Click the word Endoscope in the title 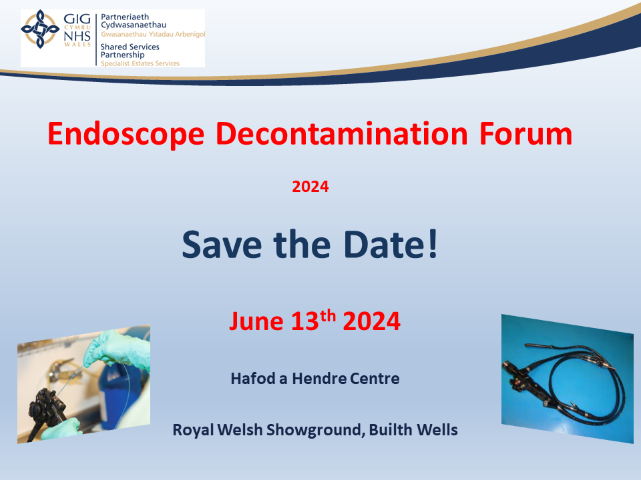tap(126, 134)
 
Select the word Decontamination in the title tap(341, 133)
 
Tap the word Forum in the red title tap(525, 134)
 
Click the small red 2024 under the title tap(310, 187)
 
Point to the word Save tap(222, 245)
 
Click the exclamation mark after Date tap(433, 244)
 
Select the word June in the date tap(256, 321)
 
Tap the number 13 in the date tap(304, 321)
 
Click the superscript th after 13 tap(328, 315)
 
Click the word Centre tap(375, 379)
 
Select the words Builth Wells tap(413, 430)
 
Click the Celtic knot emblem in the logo tap(40, 29)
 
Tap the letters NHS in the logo tap(77, 36)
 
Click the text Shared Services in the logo tap(130, 47)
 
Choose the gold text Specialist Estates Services tap(140, 63)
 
